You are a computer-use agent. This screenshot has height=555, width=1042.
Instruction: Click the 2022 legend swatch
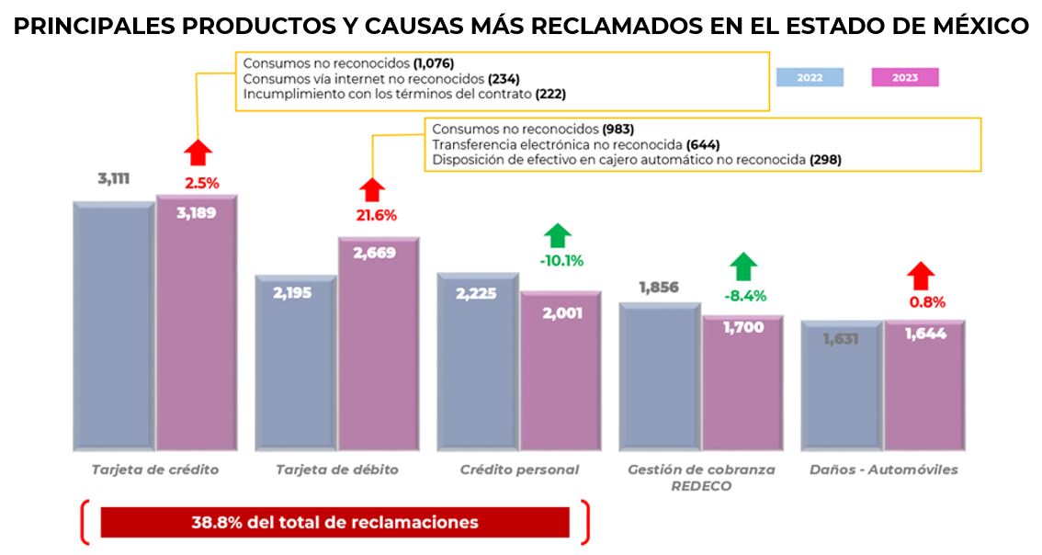[x=810, y=78]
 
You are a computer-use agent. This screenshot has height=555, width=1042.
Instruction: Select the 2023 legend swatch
[x=904, y=78]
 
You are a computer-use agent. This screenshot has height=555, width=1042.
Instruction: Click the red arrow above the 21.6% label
[x=372, y=189]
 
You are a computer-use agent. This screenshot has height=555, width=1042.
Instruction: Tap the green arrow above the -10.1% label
[x=557, y=235]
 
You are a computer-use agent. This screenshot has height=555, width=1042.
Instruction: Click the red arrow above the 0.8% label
[x=922, y=276]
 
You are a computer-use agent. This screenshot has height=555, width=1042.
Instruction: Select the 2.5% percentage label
[x=201, y=183]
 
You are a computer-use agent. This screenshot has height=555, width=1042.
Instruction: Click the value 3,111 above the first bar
[x=114, y=178]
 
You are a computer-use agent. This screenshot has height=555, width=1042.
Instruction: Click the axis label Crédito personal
[x=519, y=470]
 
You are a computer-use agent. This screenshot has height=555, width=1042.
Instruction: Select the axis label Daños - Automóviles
[x=883, y=470]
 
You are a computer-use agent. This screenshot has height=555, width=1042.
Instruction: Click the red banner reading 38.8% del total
[x=334, y=522]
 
